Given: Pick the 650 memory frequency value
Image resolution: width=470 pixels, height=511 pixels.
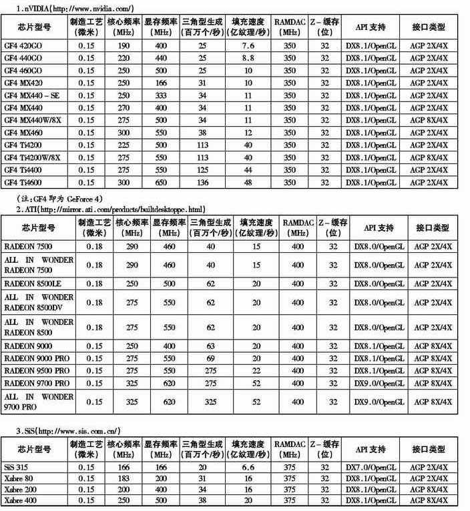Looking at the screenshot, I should (x=161, y=183).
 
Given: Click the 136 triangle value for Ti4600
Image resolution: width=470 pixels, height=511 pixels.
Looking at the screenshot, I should (x=202, y=183).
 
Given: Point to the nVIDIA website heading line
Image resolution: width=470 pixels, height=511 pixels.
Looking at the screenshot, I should (x=74, y=7).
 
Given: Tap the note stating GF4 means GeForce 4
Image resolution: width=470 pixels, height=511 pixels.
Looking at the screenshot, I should (x=60, y=199).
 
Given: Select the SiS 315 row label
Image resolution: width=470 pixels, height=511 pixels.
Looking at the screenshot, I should (x=16, y=468).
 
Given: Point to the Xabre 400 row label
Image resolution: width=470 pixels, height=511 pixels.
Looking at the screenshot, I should (x=19, y=500).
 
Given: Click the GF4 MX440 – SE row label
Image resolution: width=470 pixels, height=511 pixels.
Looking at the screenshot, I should (x=32, y=95).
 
